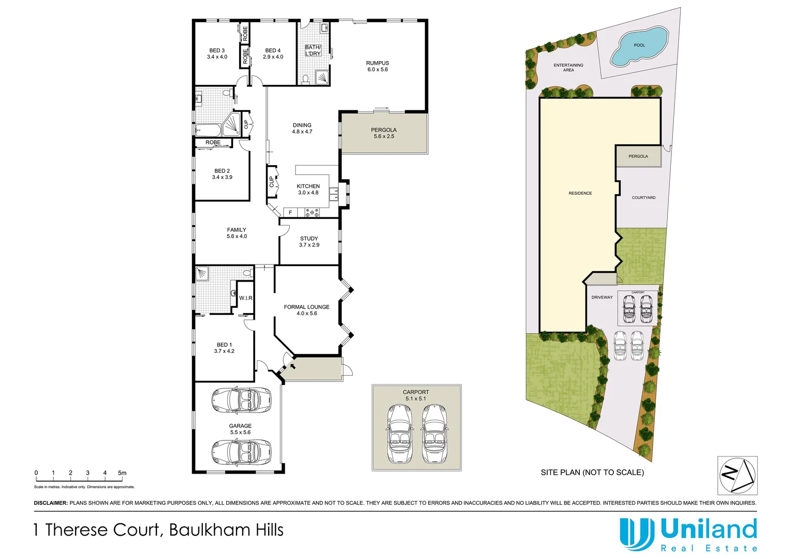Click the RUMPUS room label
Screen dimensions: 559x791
[377, 63]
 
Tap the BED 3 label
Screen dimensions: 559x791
[217, 51]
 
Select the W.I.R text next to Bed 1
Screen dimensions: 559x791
[246, 298]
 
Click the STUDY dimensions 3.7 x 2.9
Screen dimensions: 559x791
[309, 245]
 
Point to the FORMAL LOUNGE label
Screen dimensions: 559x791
[306, 307]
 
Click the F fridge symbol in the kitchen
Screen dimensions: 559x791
[290, 213]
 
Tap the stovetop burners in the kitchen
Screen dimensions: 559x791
[312, 212]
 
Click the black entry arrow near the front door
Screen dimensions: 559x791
[292, 366]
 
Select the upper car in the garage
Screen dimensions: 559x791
[241, 400]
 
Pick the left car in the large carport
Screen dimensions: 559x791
[399, 434]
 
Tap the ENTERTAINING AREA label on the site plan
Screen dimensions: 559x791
[568, 67]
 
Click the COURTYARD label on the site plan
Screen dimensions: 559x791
[643, 198]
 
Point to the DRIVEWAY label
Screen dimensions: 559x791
[602, 298]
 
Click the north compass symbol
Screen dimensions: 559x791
[737, 475]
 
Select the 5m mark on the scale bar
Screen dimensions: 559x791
[122, 473]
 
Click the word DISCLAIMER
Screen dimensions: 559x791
[51, 503]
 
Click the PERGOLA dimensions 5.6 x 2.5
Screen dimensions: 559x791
[384, 137]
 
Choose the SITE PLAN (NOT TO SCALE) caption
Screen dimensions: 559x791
[592, 473]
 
